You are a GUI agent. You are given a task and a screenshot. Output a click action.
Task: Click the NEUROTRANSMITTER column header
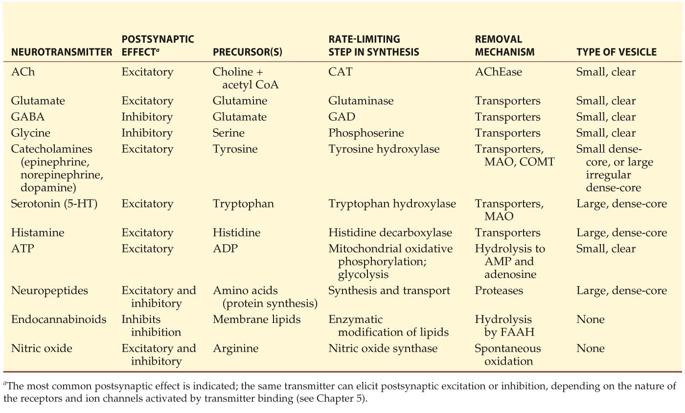tap(61, 52)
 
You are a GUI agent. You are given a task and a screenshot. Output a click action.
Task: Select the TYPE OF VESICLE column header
tap(616, 52)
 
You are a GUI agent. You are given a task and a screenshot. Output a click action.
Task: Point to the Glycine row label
tap(30, 133)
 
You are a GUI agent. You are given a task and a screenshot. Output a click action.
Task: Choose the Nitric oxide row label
tap(41, 348)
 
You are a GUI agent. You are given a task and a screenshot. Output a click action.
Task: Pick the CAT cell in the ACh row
tap(341, 72)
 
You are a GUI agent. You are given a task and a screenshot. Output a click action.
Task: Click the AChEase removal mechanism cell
tap(499, 72)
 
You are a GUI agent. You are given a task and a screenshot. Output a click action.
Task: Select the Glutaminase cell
tap(361, 101)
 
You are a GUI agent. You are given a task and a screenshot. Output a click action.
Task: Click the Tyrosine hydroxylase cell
tap(384, 149)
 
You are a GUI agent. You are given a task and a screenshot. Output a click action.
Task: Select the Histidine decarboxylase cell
tap(390, 232)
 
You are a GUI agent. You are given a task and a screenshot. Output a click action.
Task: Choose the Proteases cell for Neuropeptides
tap(499, 291)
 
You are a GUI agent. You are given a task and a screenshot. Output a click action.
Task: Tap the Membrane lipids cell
tap(257, 320)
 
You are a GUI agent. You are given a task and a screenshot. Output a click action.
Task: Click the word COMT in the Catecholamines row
tap(535, 161)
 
